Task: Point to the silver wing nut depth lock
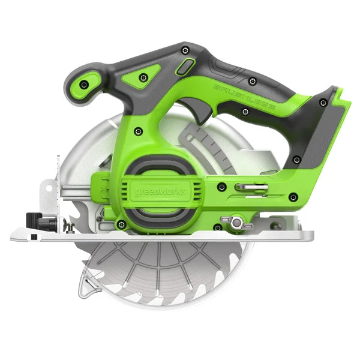(x=235, y=223)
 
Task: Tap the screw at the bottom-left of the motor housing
(x=121, y=224)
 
